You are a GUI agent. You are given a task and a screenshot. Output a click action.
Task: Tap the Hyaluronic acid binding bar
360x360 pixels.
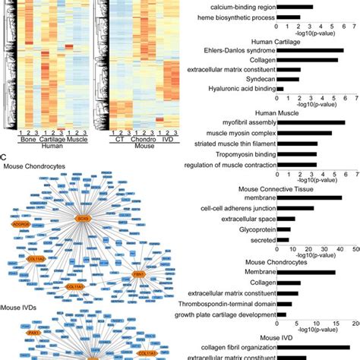[280, 88]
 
